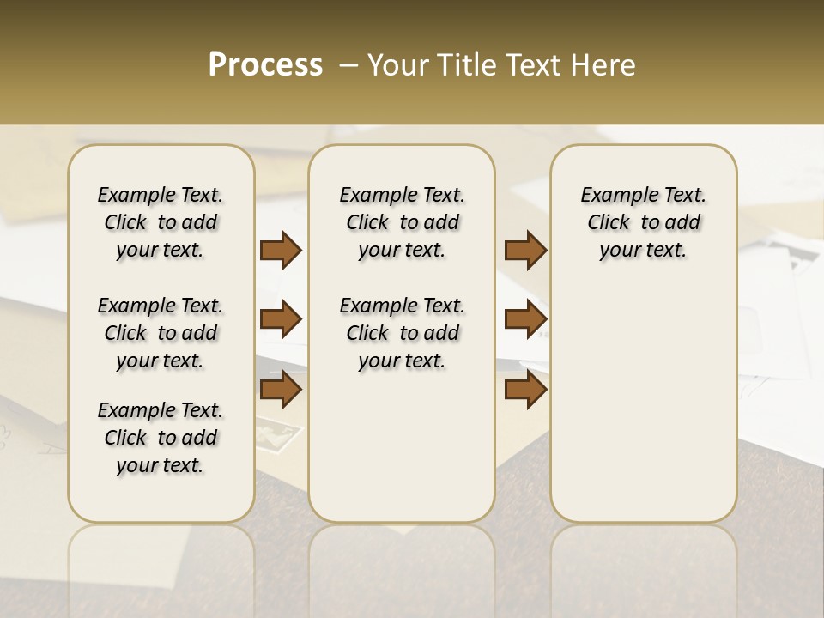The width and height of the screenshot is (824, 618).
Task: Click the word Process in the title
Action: click(x=265, y=65)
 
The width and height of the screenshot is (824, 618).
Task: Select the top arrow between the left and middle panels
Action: click(x=281, y=250)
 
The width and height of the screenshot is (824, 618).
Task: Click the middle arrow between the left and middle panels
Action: click(x=281, y=319)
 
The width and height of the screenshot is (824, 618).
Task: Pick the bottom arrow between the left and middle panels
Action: click(x=281, y=390)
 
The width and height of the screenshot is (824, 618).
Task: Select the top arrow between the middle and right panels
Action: click(x=525, y=250)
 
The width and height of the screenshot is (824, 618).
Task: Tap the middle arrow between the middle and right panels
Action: click(x=525, y=319)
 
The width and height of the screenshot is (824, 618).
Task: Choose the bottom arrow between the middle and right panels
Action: click(x=525, y=390)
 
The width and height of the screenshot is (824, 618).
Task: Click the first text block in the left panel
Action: click(x=161, y=222)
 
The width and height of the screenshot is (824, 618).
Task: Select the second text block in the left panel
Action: click(x=161, y=333)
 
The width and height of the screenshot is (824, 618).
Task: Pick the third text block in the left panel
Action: click(x=161, y=438)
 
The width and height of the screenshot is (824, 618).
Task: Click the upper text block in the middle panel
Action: click(x=402, y=222)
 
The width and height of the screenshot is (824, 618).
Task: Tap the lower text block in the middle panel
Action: click(x=402, y=333)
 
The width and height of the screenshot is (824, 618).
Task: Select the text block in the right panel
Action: click(x=643, y=222)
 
